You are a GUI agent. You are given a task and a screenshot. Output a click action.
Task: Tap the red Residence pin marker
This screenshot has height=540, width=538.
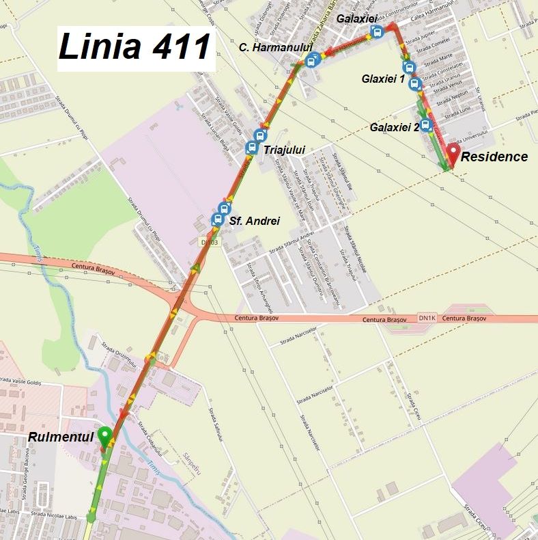coord(453,153)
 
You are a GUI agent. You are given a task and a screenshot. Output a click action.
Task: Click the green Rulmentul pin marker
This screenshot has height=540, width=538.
coord(104,435)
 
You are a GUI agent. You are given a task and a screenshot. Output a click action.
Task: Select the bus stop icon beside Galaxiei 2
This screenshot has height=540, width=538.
coord(426,124)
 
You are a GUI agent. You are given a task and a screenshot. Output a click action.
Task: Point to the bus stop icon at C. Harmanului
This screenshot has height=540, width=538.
coord(312,59)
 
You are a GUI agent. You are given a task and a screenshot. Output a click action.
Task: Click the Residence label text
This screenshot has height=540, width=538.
coord(494,157)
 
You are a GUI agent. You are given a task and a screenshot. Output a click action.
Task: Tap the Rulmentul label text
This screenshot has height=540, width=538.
coord(60,437)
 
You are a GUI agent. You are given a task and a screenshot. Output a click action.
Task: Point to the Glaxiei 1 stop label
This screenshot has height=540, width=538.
coord(382,79)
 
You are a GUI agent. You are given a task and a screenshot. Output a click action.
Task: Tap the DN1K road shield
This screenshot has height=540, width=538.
coord(427,318)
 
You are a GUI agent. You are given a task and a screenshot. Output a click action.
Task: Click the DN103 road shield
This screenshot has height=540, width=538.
coord(209,241)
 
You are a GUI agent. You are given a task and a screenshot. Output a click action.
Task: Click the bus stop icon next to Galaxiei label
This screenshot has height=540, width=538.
coord(376,33)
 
